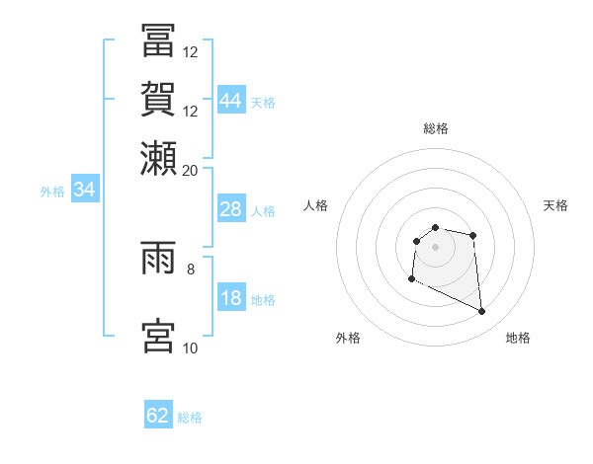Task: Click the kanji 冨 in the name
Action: (x=158, y=41)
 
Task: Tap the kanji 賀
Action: (x=158, y=99)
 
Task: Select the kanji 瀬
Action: (x=158, y=157)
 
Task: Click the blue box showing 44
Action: (x=230, y=101)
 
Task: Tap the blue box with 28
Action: (x=230, y=209)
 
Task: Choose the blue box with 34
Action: (x=84, y=190)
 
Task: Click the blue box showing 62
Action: (x=158, y=416)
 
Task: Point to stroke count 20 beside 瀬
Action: (x=191, y=170)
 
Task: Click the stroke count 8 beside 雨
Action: (x=191, y=268)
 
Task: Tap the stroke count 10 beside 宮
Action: (x=191, y=348)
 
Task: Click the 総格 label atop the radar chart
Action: (x=435, y=128)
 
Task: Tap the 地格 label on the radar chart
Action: (x=518, y=339)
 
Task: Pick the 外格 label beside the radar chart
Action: (x=348, y=339)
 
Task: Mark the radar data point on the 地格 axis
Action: (x=482, y=312)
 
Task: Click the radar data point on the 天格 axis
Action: (x=473, y=235)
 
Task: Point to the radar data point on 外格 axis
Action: (x=411, y=279)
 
